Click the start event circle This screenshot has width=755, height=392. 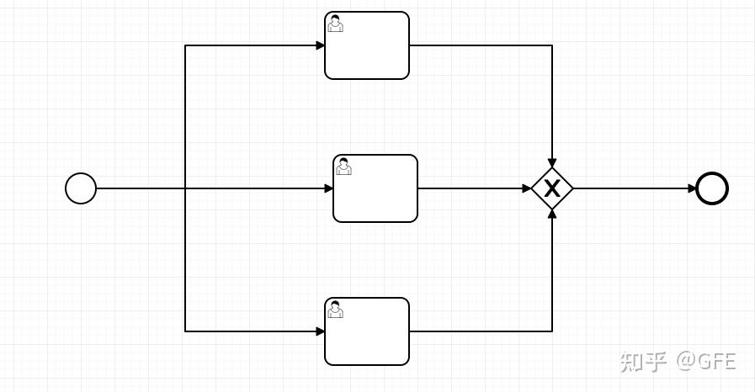[81, 188]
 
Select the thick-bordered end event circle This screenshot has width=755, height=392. [712, 188]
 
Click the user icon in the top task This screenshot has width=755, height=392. [335, 24]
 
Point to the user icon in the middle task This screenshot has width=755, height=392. [343, 167]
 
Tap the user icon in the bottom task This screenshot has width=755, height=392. [335, 310]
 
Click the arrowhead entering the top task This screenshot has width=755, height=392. [321, 45]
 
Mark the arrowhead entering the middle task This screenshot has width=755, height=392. [329, 188]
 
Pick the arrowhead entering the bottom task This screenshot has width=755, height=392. [321, 331]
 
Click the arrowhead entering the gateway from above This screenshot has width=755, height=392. [552, 163]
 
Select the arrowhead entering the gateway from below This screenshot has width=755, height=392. [552, 214]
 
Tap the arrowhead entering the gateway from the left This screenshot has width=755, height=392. [527, 188]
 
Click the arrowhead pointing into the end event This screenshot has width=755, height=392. [692, 188]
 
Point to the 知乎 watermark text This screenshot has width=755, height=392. [644, 361]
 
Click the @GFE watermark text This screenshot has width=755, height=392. [706, 361]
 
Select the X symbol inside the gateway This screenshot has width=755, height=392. [552, 188]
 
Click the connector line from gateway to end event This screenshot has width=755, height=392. [631, 188]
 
